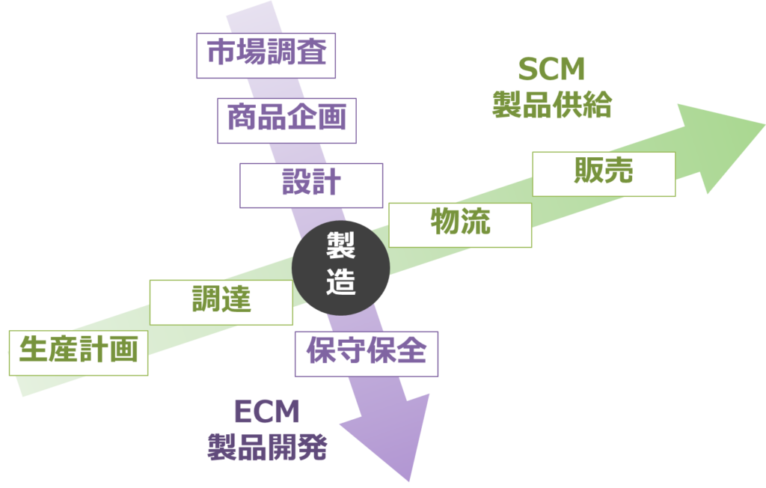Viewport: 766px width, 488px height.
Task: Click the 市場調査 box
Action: click(x=266, y=55)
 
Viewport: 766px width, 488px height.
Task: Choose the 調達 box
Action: click(x=221, y=302)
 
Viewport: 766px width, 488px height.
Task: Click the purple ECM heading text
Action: click(x=267, y=412)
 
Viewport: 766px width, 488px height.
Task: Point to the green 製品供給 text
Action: click(x=551, y=105)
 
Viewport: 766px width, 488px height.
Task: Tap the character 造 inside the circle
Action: click(x=341, y=284)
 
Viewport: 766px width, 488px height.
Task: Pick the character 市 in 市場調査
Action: click(x=221, y=55)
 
